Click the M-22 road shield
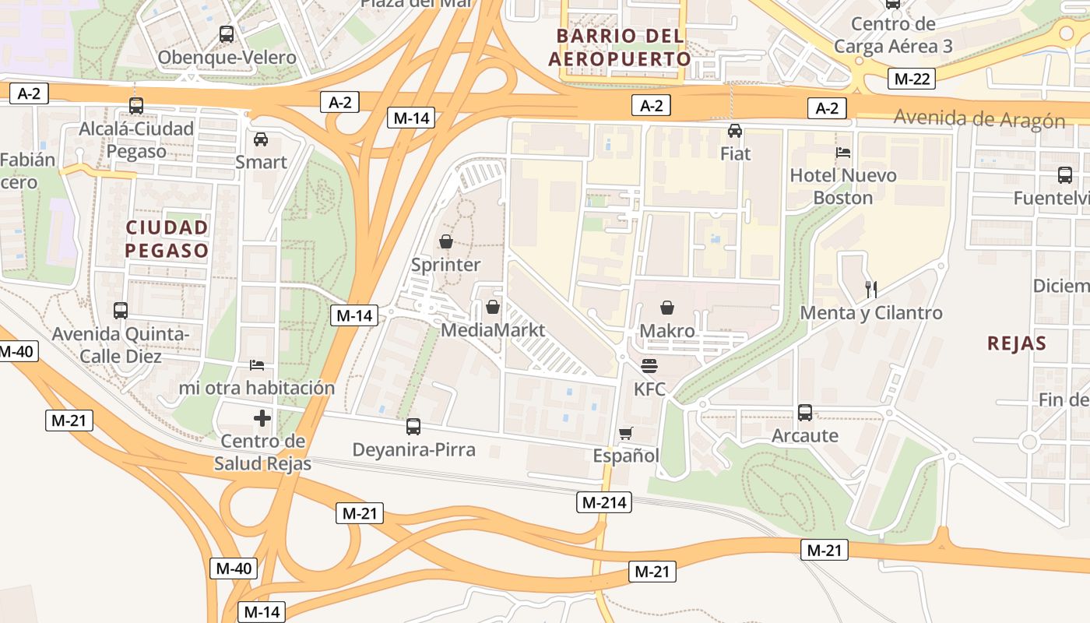point(911,78)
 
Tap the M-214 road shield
point(603,502)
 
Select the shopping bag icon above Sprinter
point(446,241)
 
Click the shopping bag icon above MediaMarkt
point(493,307)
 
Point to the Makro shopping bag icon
point(667,308)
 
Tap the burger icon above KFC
point(649,366)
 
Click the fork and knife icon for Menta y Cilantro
point(871,290)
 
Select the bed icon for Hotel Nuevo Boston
point(843,153)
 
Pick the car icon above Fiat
point(735,131)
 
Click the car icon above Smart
point(261,139)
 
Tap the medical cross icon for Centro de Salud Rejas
point(262,419)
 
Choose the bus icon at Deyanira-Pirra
point(413,427)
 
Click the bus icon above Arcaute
point(805,413)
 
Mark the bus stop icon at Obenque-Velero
point(227,34)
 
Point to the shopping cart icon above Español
point(625,433)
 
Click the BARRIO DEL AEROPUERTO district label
point(620,48)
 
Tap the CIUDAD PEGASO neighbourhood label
point(167,239)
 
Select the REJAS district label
point(1016,343)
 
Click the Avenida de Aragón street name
point(979,119)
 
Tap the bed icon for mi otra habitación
point(257,364)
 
